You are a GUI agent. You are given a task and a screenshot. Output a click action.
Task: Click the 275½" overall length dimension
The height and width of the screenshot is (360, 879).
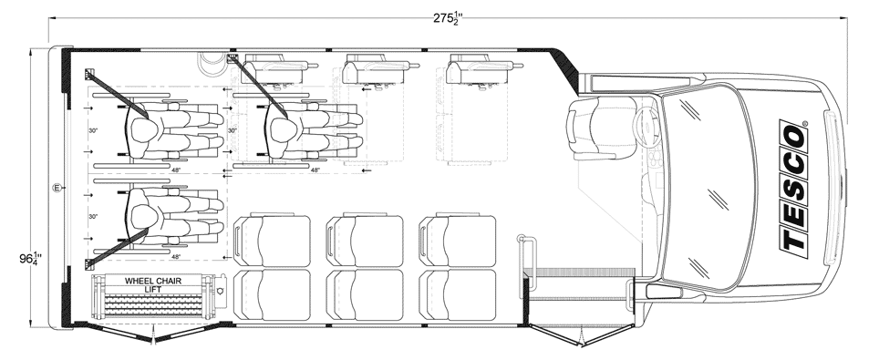[x=448, y=17]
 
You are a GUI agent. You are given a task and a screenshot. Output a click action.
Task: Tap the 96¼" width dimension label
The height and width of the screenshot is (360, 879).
[x=31, y=259]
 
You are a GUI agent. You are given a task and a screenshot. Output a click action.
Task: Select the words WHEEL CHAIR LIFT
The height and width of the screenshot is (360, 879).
[x=152, y=285]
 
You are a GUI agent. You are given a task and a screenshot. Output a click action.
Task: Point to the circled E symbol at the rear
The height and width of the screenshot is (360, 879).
[x=56, y=188]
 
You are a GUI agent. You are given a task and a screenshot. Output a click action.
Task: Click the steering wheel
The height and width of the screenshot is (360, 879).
[x=646, y=129]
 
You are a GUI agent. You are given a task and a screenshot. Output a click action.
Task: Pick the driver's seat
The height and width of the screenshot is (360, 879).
[x=601, y=128]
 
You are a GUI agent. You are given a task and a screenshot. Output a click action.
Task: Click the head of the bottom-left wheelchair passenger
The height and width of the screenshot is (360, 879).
[x=144, y=216]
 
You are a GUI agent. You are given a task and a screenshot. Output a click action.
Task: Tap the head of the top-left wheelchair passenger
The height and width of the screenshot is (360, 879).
[x=144, y=130]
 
